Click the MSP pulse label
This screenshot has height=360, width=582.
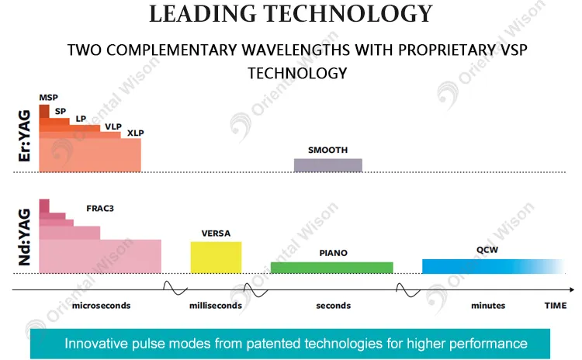[x=48, y=97]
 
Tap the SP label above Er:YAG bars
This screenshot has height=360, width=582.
[x=61, y=110]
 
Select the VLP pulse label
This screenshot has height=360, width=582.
[x=113, y=125]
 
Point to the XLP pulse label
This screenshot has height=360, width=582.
[x=136, y=133]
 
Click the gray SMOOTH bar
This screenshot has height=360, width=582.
[x=327, y=164]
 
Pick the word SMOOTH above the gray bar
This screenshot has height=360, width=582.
[x=327, y=150]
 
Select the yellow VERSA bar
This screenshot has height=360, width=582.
[x=216, y=257]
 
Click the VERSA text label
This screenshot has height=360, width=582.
[x=216, y=233]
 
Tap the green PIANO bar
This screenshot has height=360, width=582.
[x=331, y=267]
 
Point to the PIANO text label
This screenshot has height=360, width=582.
[x=333, y=253]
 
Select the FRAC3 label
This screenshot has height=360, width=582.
[x=101, y=209]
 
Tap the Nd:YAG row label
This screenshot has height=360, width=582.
[x=23, y=237]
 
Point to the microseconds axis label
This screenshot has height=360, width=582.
[x=101, y=306]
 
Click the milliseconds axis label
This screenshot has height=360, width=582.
[x=216, y=306]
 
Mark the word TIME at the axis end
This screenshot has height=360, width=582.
[x=555, y=306]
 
